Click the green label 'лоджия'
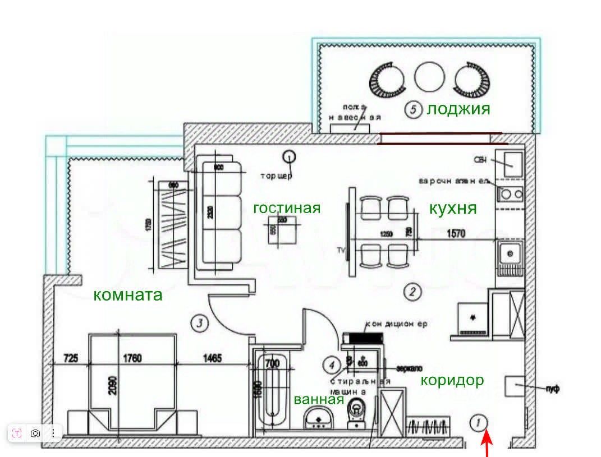click(458, 108)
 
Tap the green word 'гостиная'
click(287, 208)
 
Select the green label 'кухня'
click(453, 209)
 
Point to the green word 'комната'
click(127, 294)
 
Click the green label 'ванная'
click(318, 399)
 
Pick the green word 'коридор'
click(452, 380)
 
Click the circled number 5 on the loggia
click(413, 110)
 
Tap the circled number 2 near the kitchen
click(412, 291)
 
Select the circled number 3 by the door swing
click(200, 322)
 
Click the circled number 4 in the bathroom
click(332, 365)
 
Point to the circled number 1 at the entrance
click(479, 422)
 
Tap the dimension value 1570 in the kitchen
click(456, 234)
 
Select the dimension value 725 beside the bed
click(71, 358)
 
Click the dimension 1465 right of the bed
click(213, 358)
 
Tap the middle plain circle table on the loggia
click(429, 77)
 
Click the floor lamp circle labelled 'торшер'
click(288, 157)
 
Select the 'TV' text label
click(341, 250)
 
